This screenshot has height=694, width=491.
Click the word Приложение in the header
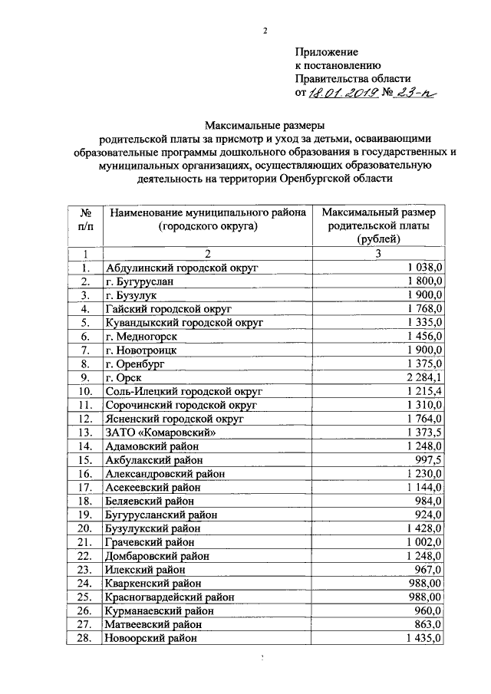pyautogui.click(x=328, y=51)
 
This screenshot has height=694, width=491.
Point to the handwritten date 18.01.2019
pyautogui.click(x=341, y=94)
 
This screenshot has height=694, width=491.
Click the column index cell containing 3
pyautogui.click(x=378, y=254)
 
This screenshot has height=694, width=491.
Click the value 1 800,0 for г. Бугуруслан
pyautogui.click(x=421, y=281)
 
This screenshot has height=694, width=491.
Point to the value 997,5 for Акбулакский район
pyautogui.click(x=427, y=459)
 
